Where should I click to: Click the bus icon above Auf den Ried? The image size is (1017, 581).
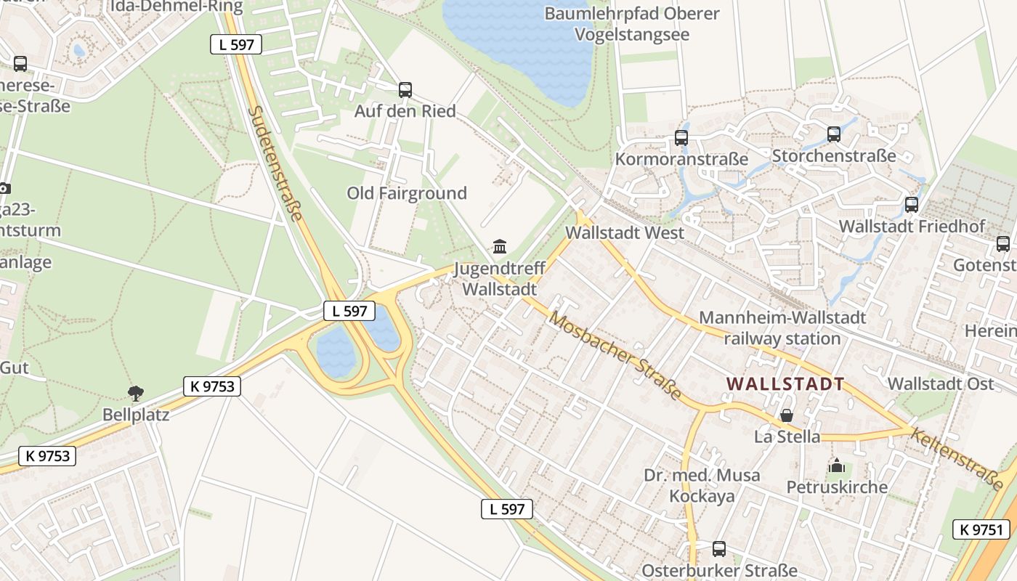(x=405, y=90)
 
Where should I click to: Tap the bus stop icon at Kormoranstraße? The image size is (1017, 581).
(x=681, y=137)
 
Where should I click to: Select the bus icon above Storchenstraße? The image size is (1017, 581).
(x=834, y=134)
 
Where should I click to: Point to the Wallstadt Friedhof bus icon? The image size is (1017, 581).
(x=912, y=205)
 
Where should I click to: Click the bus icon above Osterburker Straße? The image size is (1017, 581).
(x=719, y=548)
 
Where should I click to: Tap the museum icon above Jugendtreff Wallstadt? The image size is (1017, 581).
(x=500, y=246)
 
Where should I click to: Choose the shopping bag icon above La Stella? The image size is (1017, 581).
(x=787, y=415)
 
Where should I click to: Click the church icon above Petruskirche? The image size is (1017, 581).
(x=837, y=465)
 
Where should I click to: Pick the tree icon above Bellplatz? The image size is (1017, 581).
(x=135, y=394)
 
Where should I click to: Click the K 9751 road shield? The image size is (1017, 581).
(x=981, y=529)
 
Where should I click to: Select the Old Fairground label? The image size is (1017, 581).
(x=407, y=193)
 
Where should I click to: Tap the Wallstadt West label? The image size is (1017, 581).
(x=625, y=233)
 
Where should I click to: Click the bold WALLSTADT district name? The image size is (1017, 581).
(x=785, y=383)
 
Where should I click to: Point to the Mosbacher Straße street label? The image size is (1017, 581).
(x=615, y=356)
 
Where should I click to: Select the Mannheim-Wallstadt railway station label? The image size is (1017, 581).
(x=782, y=328)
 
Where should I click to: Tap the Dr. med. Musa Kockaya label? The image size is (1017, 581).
(x=702, y=486)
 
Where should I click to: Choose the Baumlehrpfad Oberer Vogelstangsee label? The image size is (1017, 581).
(x=632, y=24)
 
